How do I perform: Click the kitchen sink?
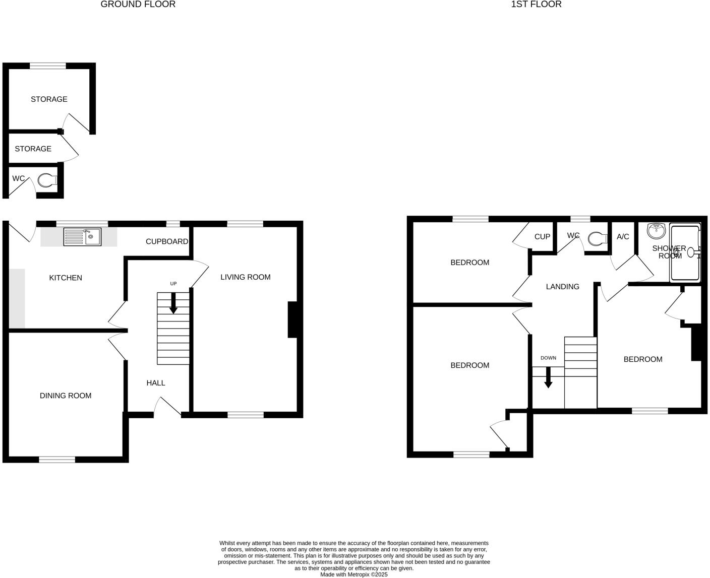point(82,236)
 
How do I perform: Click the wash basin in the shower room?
point(657,231)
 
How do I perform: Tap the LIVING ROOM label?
point(245,277)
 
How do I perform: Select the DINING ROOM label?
point(66,396)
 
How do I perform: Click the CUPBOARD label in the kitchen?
point(167,241)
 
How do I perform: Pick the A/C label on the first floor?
point(623,236)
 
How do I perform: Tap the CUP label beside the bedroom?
point(542,236)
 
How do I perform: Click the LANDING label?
point(563,287)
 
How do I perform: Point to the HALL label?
point(156,383)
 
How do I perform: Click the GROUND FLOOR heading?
point(138,5)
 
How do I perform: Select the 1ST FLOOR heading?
point(536,5)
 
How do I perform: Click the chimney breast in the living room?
point(292,319)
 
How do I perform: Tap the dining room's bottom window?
point(57,459)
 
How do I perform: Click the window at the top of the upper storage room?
point(48,66)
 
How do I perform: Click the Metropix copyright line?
point(353,574)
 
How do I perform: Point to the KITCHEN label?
point(66,278)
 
